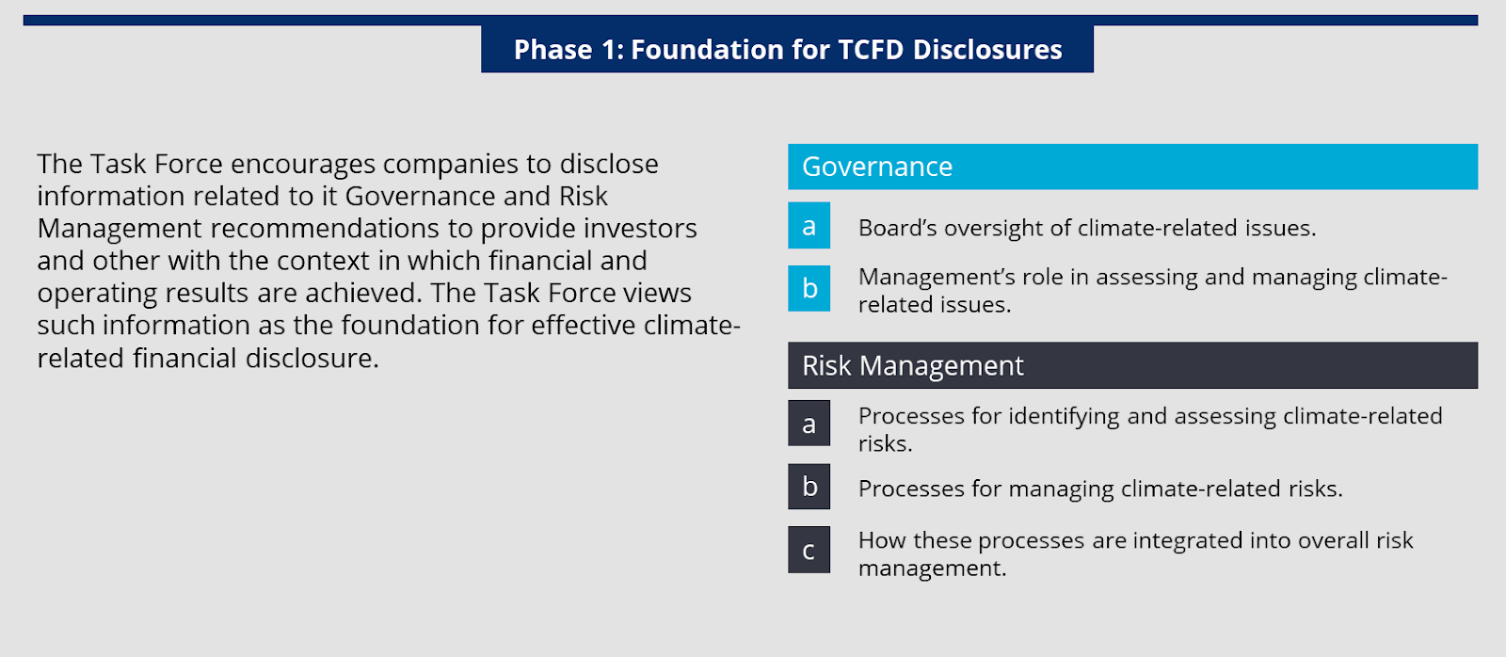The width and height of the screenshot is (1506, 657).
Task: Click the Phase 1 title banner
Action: pos(787,49)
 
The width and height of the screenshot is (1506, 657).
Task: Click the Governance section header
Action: pos(1132,167)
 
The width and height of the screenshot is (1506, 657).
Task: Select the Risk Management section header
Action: pos(1132,365)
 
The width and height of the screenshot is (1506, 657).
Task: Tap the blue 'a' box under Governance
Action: pos(809,226)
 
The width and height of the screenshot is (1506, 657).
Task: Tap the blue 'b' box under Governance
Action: pos(809,288)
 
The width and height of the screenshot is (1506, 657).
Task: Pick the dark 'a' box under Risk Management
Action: pos(809,424)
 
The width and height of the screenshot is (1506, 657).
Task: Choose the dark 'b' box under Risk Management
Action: pos(809,487)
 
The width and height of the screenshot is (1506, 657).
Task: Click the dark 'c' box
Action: pos(809,550)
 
